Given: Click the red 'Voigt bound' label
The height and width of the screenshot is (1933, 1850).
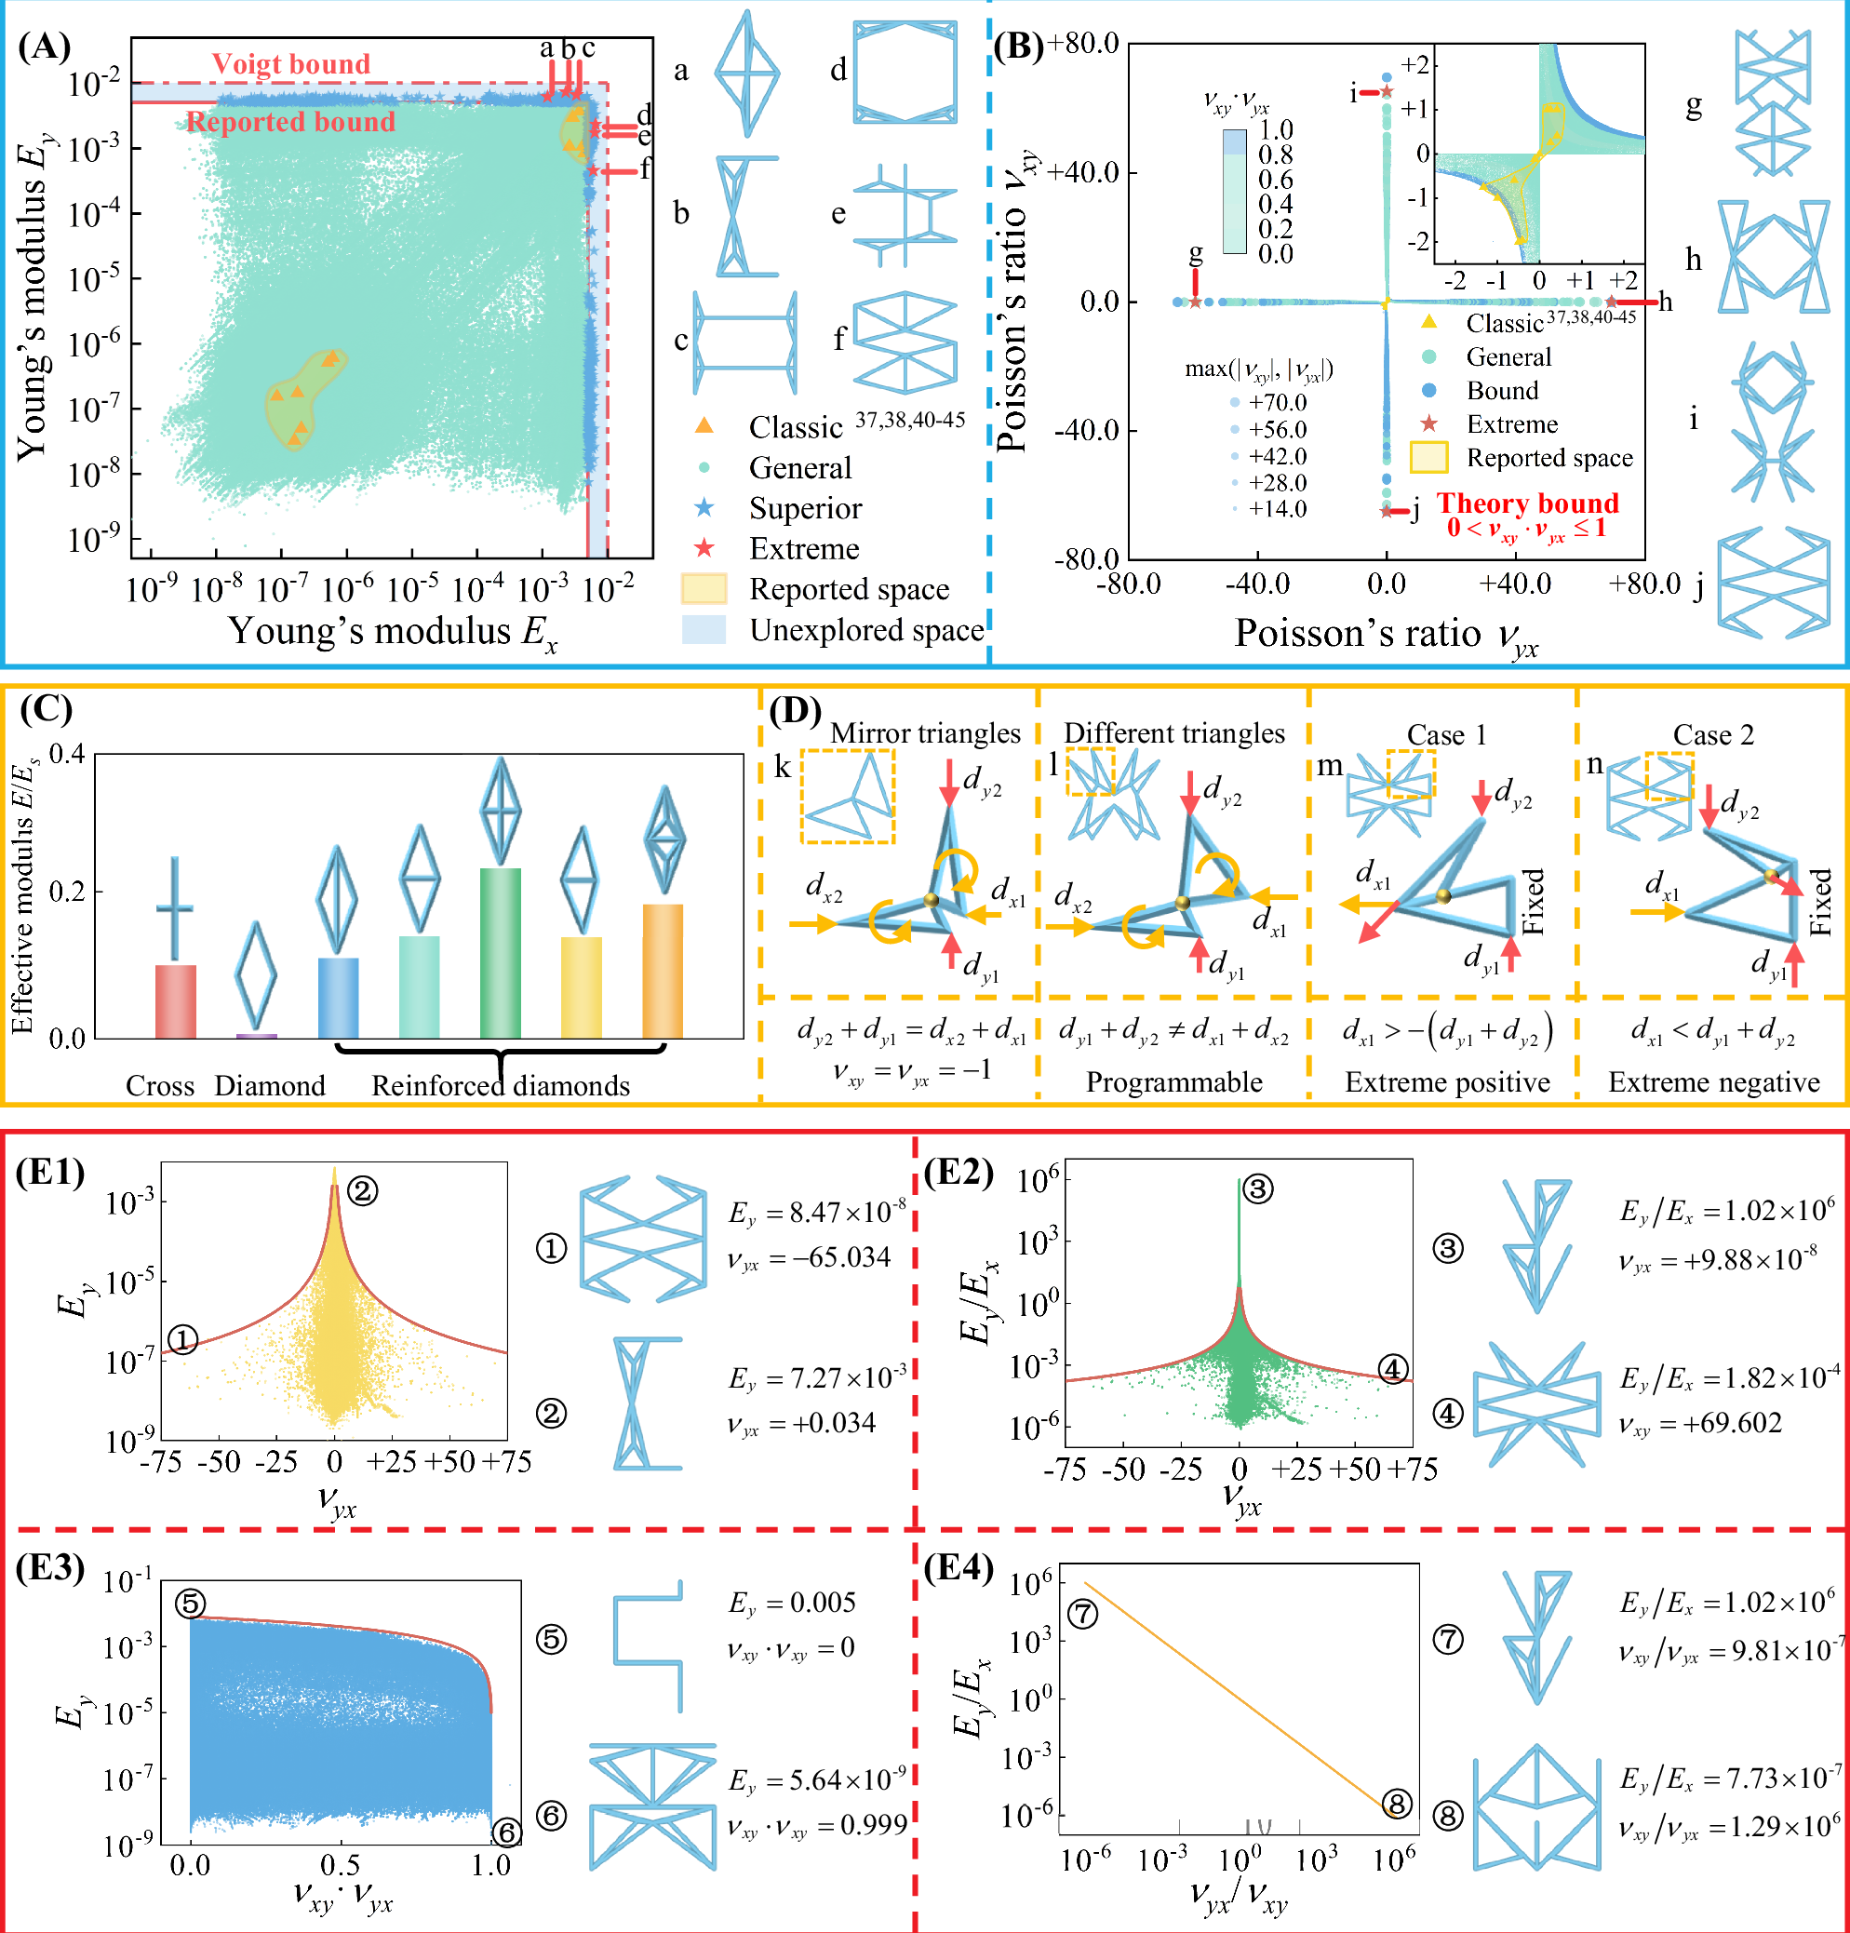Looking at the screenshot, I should click(x=291, y=64).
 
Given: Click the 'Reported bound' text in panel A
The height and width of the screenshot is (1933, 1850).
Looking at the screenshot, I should click(x=291, y=122).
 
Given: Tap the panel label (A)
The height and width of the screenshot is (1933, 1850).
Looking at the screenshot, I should click(x=45, y=47).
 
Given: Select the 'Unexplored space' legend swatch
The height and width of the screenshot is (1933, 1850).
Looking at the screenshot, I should click(x=704, y=630).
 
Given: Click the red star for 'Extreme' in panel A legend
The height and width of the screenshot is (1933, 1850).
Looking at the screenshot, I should click(x=704, y=548).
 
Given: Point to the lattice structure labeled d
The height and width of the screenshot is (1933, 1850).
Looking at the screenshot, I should click(x=905, y=72).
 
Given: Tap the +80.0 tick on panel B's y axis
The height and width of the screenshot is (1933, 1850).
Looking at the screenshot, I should click(x=1083, y=44).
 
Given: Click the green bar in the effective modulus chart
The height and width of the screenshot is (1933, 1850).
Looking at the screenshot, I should click(x=501, y=952).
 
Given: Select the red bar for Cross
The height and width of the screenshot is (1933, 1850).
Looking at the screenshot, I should click(x=176, y=1000).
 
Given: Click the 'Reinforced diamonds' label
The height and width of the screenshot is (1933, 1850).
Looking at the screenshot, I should click(x=500, y=1086).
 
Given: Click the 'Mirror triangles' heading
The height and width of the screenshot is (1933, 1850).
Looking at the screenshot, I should click(x=925, y=732).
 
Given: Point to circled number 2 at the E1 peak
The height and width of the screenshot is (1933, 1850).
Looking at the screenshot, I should click(x=362, y=1191).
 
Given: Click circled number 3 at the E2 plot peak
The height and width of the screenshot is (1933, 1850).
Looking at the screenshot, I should click(x=1257, y=1189).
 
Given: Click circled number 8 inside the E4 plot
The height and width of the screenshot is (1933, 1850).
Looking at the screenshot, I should click(x=1395, y=1804).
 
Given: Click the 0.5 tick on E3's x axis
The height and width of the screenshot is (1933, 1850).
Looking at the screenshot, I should click(x=341, y=1865).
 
